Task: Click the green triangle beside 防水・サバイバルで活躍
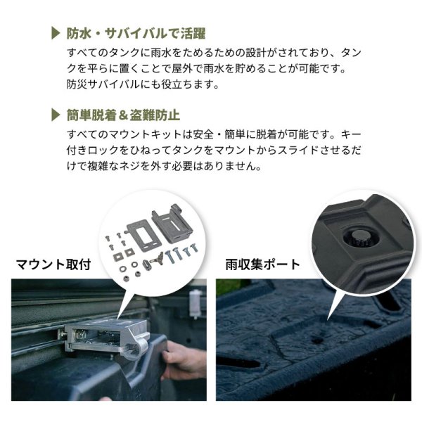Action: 56,33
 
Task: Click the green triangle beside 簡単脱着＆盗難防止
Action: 56,115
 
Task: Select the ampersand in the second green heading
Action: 122,115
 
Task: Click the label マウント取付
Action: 53,264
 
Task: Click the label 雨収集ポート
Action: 262,264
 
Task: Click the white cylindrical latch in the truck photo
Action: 194,302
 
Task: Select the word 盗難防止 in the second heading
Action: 155,115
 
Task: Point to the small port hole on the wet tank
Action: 317,340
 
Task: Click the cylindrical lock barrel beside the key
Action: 148,265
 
